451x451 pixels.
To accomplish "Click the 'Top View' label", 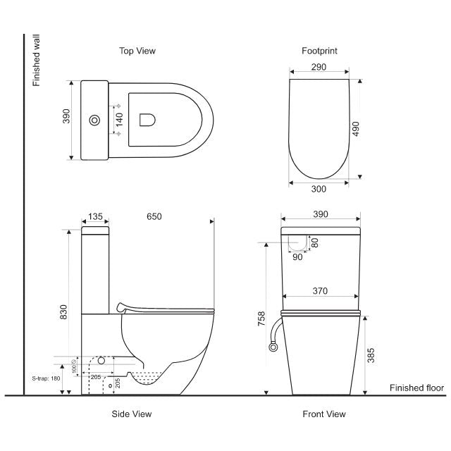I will tap(137, 51).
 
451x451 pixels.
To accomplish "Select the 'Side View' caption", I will tap(132, 414).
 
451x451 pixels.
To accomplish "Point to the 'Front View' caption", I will tap(324, 414).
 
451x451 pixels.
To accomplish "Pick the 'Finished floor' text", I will tap(416, 388).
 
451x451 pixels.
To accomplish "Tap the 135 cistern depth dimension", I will tap(95, 216).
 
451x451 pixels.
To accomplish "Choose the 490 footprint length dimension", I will tap(356, 128).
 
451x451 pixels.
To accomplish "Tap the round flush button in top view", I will tap(94, 121).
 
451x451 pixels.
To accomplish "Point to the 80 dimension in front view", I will tap(314, 242).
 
